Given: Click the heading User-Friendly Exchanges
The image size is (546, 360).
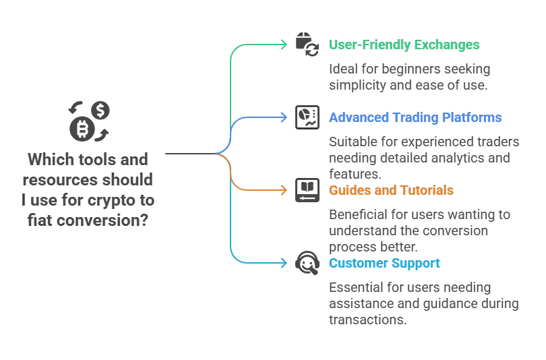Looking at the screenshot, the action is tap(404, 45).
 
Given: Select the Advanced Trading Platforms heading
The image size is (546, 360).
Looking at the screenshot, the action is tap(415, 118).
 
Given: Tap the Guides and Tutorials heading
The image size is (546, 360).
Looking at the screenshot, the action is tap(391, 190).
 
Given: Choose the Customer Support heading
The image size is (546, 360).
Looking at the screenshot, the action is tap(384, 264).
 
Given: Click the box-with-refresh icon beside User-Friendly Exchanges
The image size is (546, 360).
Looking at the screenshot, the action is tap(307, 44).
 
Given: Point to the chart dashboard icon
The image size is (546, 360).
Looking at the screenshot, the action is tap(307, 117).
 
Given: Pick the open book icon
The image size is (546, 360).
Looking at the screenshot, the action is tap(307, 190).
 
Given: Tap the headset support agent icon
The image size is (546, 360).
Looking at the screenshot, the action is tap(307, 263).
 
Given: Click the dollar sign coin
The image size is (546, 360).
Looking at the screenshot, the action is tap(100, 111).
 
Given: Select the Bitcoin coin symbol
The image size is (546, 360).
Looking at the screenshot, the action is tap(82, 129).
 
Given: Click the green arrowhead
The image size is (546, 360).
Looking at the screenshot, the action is tap(283, 44).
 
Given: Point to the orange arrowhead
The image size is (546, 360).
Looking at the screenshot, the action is tap(283, 190).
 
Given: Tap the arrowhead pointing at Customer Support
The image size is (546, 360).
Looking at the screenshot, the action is tap(283, 263).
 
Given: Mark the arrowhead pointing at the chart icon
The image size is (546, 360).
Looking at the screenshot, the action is tap(283, 117).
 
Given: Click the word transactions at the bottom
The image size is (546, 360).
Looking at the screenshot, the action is tap(368, 320).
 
